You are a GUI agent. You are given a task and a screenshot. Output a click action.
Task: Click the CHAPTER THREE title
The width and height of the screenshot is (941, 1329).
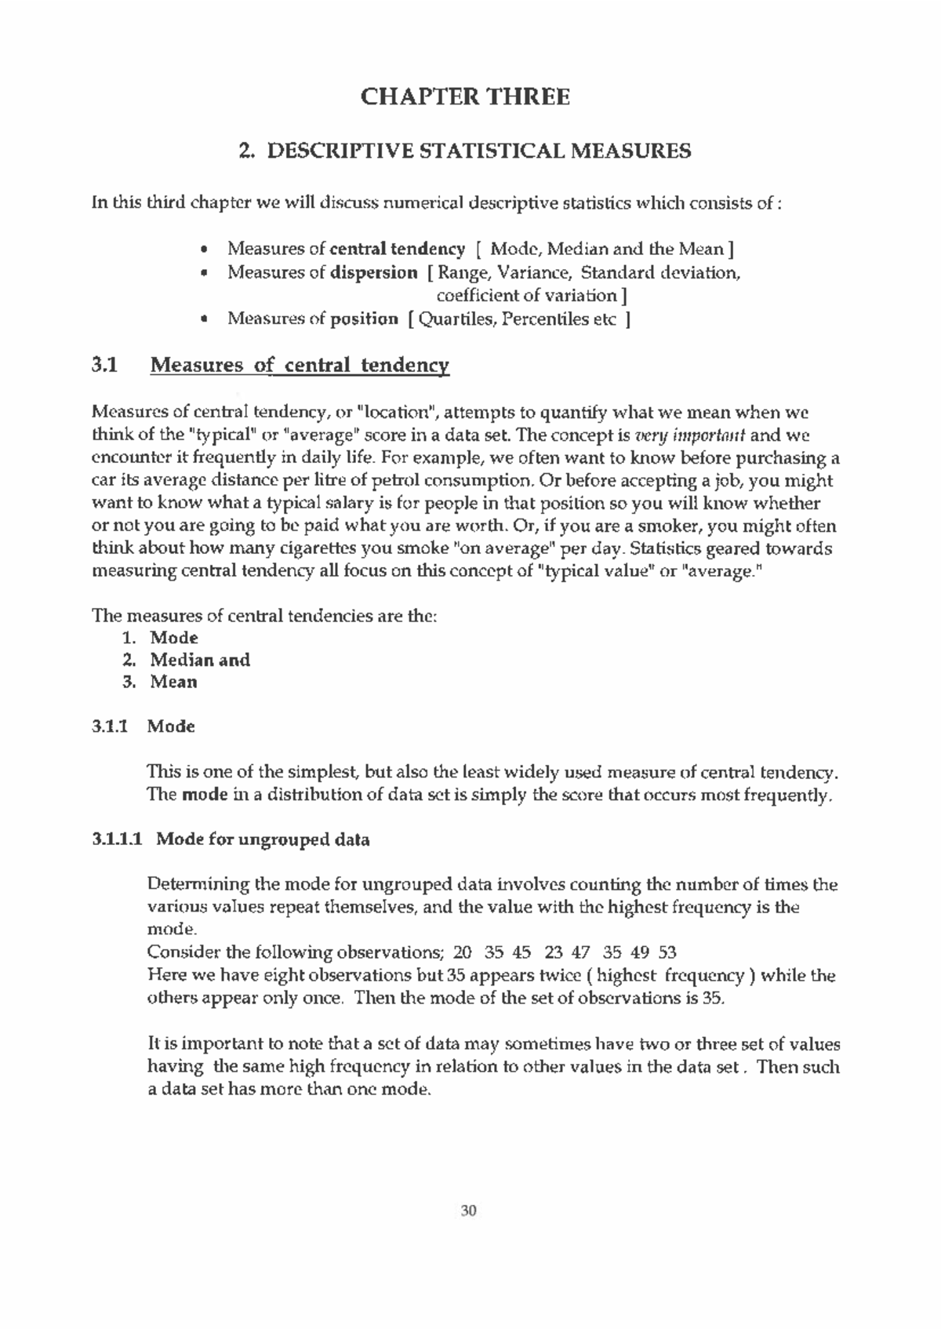(465, 97)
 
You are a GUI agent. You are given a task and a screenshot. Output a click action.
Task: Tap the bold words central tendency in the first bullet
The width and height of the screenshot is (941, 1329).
(397, 249)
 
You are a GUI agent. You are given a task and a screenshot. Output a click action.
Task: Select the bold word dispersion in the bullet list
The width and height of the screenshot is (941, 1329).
(374, 273)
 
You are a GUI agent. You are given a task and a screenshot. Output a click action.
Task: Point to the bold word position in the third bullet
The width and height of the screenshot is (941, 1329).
(364, 319)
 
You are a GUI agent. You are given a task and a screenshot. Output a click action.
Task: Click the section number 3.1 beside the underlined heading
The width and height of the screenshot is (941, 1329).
(104, 365)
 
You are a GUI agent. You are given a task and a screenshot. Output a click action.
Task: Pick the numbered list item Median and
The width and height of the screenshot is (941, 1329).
(200, 660)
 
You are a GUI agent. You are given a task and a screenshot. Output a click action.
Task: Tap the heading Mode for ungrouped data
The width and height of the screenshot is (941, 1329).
(263, 840)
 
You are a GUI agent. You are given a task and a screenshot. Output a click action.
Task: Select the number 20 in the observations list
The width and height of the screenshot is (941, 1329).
(463, 953)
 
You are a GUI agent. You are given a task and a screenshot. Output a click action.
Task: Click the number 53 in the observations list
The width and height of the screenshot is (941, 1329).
(667, 953)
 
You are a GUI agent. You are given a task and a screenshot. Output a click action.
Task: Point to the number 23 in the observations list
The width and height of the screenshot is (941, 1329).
(553, 953)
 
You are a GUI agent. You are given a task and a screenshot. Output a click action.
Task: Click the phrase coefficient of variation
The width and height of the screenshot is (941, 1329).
(527, 296)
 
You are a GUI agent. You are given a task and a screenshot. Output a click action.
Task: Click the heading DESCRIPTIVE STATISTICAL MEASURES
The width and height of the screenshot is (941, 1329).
(479, 151)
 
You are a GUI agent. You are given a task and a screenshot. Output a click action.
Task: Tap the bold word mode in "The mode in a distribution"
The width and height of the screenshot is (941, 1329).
(204, 796)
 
